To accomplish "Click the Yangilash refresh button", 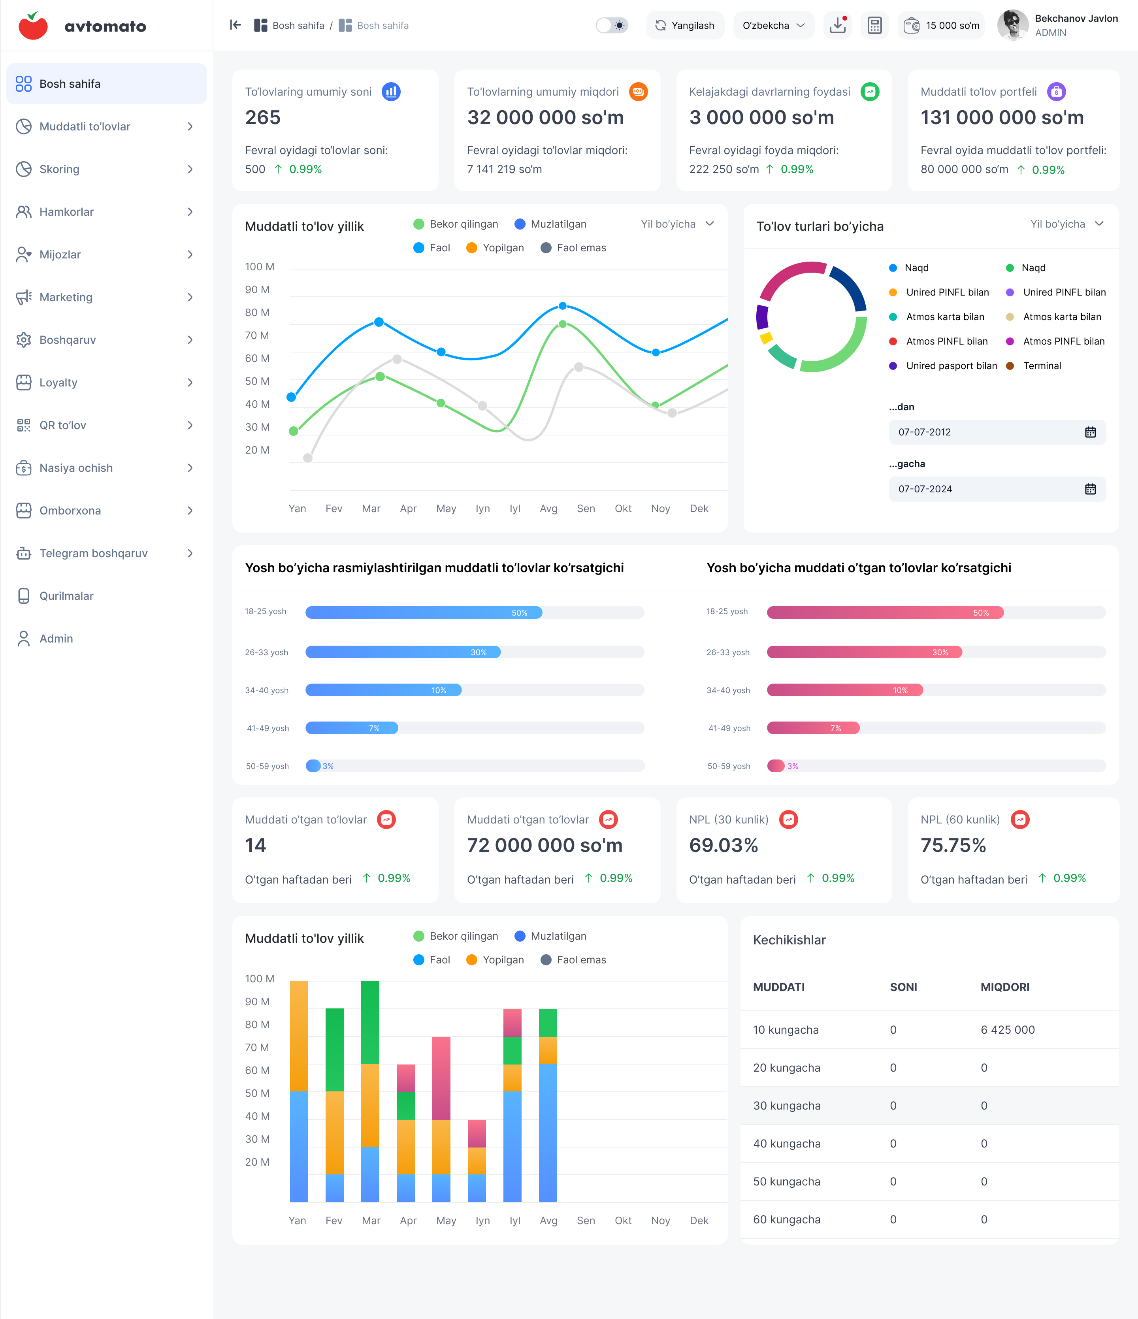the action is (x=685, y=25).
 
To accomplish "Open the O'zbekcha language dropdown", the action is (x=773, y=25).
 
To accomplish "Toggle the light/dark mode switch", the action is (x=612, y=25).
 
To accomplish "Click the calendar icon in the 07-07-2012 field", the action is (x=1090, y=432).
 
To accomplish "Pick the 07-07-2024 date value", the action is (x=925, y=489).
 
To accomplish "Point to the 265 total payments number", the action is (x=263, y=118).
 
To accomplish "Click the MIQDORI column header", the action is (x=1005, y=987).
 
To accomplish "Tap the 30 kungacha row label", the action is (x=787, y=1106).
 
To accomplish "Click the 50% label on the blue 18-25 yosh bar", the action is (x=519, y=613).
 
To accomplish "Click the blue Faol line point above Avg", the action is (x=563, y=306).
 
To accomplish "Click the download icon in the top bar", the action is (x=838, y=25).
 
